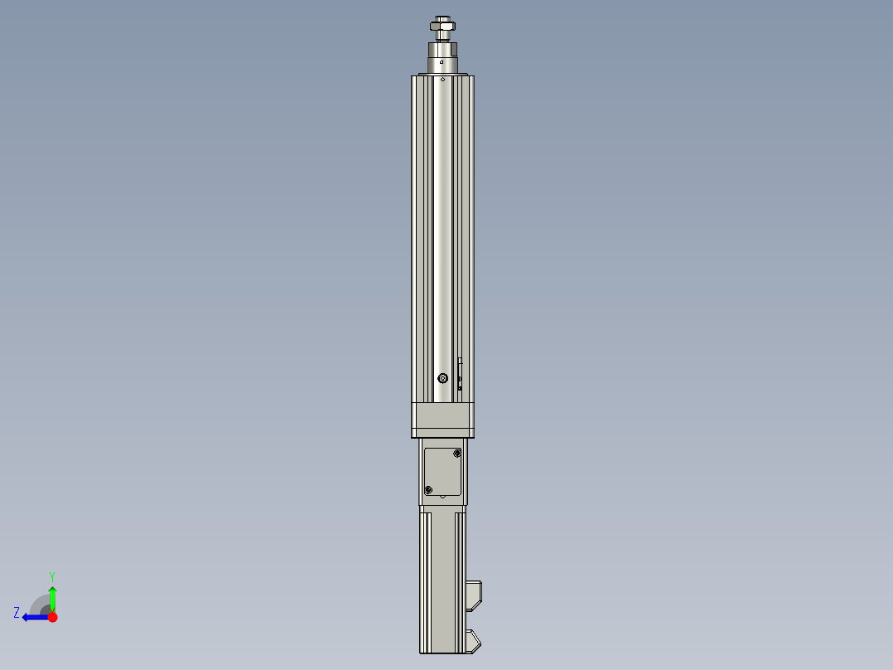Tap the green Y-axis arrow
tap(52, 597)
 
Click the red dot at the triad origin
tap(52, 617)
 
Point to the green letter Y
tap(51, 575)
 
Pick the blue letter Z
tap(17, 613)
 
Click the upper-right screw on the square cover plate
tap(457, 454)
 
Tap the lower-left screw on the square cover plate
tap(428, 490)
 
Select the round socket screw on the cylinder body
tap(443, 379)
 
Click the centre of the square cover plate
tap(443, 471)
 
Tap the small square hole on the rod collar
tap(442, 61)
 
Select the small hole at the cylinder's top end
tap(443, 80)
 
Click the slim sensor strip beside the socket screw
tap(460, 373)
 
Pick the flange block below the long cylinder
tap(443, 420)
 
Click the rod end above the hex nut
tap(443, 19)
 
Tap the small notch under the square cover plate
tap(443, 498)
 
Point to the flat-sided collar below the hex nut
tap(443, 48)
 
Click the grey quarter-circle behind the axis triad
tap(40, 605)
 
